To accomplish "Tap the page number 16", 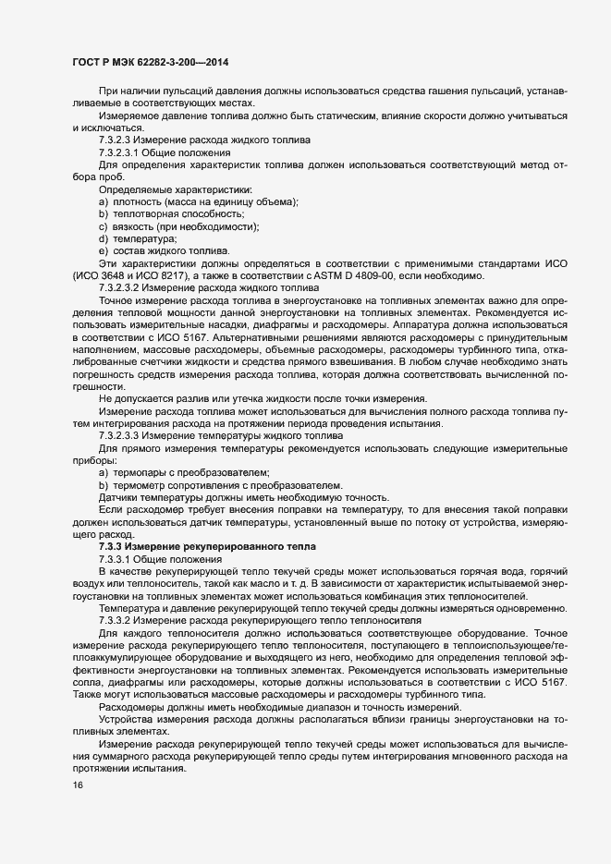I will (78, 785).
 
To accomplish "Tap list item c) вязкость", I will (178, 226).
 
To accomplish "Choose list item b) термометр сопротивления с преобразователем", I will (220, 485).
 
